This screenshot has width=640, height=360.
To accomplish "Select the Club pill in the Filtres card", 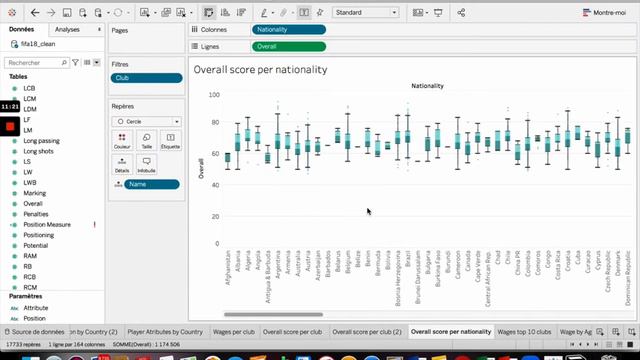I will click(146, 77).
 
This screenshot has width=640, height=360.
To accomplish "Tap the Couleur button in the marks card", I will click(122, 141).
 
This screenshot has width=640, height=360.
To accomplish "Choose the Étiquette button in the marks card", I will click(171, 141).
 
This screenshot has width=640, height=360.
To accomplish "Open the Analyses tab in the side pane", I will click(68, 30).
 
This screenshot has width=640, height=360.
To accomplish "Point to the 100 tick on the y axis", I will click(214, 94).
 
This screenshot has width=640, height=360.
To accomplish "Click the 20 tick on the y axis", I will click(214, 213).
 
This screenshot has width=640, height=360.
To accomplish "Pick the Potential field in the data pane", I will click(36, 245).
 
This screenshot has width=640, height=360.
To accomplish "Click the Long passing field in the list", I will click(41, 141).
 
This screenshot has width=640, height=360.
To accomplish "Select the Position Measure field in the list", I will click(47, 225).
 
